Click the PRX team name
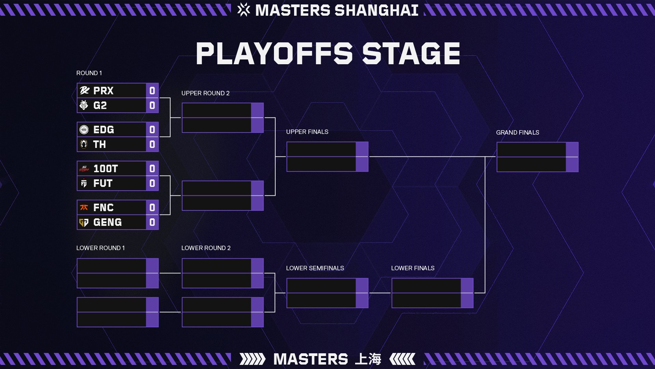point(103,91)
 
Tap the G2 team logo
point(84,105)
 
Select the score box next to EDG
point(152,129)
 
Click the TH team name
point(100,145)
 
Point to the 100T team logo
point(84,168)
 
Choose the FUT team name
point(103,183)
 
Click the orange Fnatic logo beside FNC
point(84,207)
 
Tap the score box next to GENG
point(152,222)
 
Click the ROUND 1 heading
point(89,73)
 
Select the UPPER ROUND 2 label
point(205,93)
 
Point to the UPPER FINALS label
point(307,132)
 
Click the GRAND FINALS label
point(518,133)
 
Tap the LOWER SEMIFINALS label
point(315,268)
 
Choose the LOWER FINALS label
point(413,268)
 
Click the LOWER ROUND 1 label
point(100,248)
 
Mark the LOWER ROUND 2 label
point(206,248)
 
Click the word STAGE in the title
point(411,54)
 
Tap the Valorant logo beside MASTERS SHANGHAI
point(244,10)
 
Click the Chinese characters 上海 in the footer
point(368,359)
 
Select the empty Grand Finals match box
point(537,157)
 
